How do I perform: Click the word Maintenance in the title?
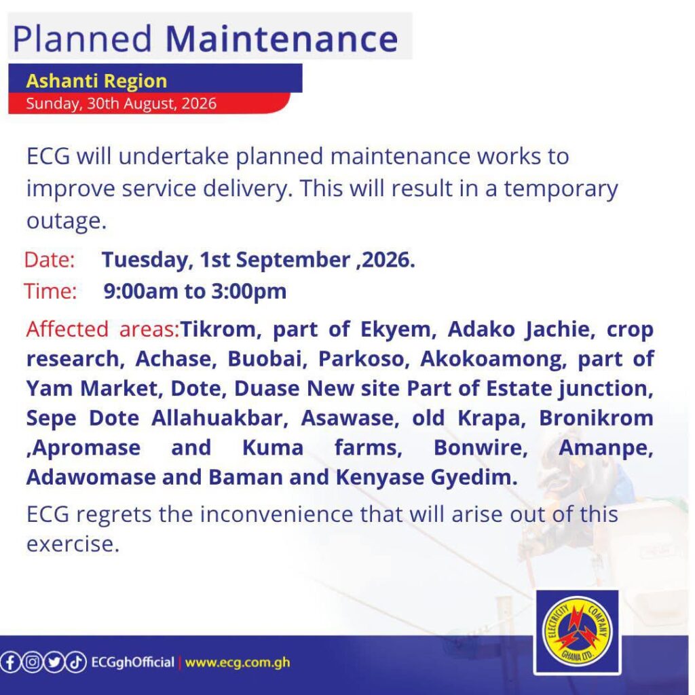pyautogui.click(x=282, y=39)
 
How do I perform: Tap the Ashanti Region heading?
pyautogui.click(x=96, y=81)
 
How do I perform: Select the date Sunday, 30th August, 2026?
pyautogui.click(x=121, y=103)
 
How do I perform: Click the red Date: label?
pyautogui.click(x=49, y=260)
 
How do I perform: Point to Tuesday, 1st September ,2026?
pyautogui.click(x=259, y=260)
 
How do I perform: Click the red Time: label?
pyautogui.click(x=50, y=291)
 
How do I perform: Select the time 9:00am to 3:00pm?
pyautogui.click(x=195, y=292)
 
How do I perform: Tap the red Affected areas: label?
pyautogui.click(x=102, y=329)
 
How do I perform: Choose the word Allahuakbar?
pyautogui.click(x=220, y=418)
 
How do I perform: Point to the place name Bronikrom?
pyautogui.click(x=596, y=418)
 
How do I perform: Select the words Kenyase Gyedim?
pyautogui.click(x=427, y=477)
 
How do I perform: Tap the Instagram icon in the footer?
pyautogui.click(x=32, y=662)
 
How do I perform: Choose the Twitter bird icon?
pyautogui.click(x=54, y=662)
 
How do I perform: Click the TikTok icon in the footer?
pyautogui.click(x=76, y=662)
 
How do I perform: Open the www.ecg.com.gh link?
pyautogui.click(x=238, y=663)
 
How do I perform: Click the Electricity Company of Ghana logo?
pyautogui.click(x=577, y=632)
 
